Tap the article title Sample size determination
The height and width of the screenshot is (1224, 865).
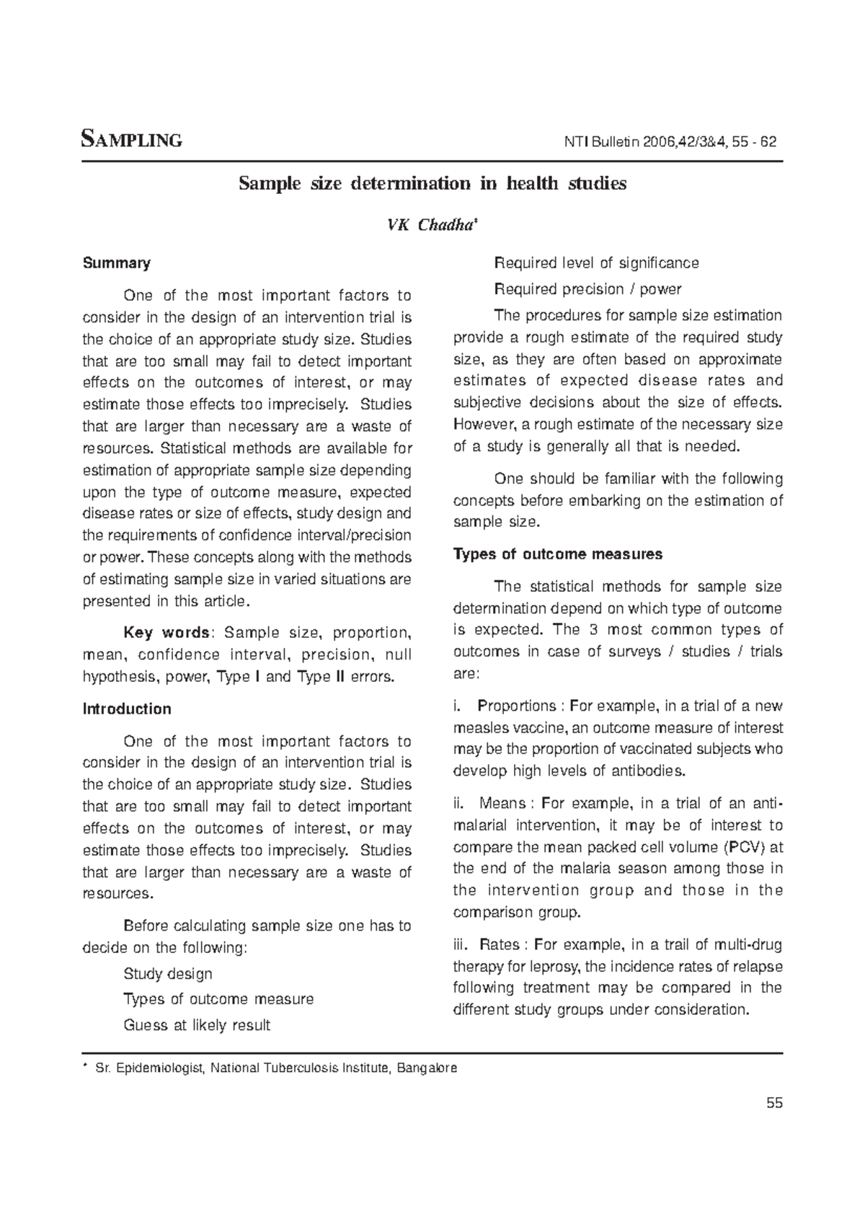(432, 183)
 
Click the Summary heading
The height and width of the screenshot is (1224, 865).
(117, 263)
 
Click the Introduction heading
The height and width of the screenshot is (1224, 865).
(127, 709)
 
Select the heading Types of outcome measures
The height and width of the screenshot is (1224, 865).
(558, 554)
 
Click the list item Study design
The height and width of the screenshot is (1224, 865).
(168, 974)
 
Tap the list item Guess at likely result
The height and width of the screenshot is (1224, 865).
(197, 1025)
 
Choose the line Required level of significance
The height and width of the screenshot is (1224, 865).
(596, 263)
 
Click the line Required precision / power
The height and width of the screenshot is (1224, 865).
(587, 289)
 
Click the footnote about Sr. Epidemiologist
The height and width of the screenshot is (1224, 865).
(274, 1068)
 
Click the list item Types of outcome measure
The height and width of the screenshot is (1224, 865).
(218, 999)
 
